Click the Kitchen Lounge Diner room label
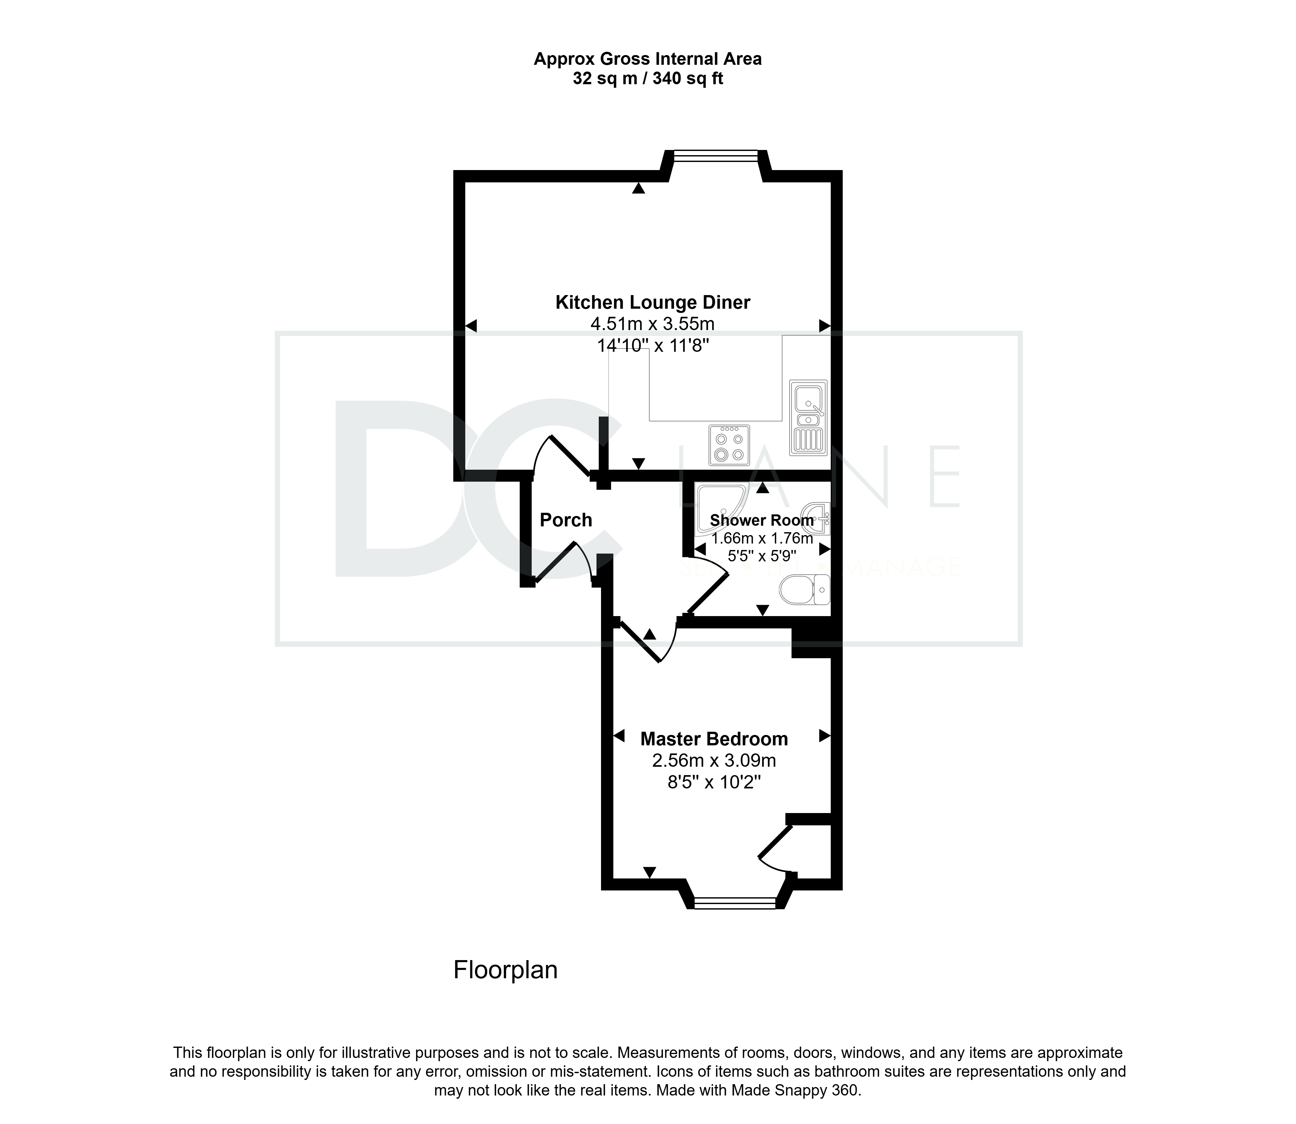pos(653,303)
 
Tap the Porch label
pos(566,520)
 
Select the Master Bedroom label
pos(714,739)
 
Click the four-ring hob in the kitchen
pos(729,445)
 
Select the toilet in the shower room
pos(805,590)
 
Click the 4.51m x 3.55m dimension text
pos(653,324)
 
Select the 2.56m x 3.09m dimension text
pos(714,761)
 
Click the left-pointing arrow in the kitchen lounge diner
pos(471,326)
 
